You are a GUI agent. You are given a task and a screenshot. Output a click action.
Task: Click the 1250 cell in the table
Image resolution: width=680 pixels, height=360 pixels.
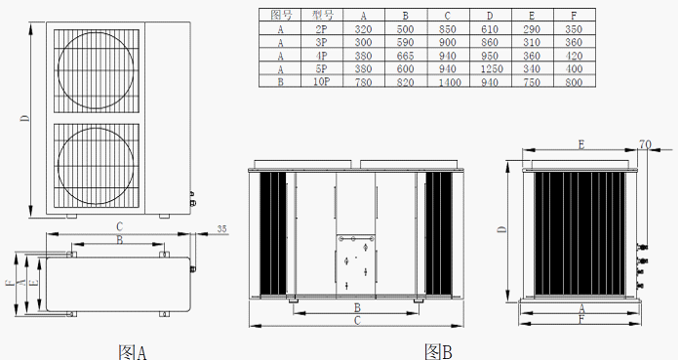point(492,69)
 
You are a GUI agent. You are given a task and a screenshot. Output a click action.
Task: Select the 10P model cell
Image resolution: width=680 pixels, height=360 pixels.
point(322,82)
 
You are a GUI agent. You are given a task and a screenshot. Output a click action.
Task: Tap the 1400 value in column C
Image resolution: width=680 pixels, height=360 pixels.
point(450,82)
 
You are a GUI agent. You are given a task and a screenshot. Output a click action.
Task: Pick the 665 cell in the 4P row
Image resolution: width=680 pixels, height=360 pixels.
point(405,56)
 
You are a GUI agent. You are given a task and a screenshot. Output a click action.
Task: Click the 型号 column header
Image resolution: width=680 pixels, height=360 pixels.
point(322,16)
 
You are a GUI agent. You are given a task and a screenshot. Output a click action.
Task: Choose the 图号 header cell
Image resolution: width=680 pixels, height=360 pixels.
point(280,16)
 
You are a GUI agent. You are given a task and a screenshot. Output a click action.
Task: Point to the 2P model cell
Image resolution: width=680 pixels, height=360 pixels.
point(322,29)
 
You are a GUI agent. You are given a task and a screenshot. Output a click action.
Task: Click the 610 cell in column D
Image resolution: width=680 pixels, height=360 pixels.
point(490,29)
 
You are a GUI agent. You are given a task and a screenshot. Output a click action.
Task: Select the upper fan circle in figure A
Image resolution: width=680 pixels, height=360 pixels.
point(58,70)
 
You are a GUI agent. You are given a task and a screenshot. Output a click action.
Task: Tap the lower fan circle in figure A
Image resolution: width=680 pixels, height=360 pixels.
point(58,165)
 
